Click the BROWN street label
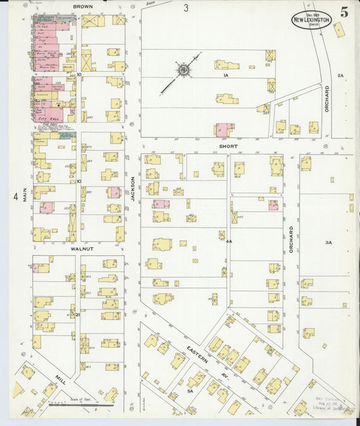(x=84, y=6)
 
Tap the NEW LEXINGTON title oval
(x=311, y=20)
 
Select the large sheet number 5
(x=344, y=11)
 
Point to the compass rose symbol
(x=183, y=69)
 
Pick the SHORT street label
(x=227, y=145)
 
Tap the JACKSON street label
(x=133, y=188)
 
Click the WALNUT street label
(x=81, y=248)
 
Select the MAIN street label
(x=24, y=195)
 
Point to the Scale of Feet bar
(x=81, y=404)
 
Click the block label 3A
(x=328, y=242)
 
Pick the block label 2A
(x=340, y=76)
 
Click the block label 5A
(x=190, y=390)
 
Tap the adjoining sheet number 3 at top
(x=185, y=8)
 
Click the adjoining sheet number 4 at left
(x=15, y=196)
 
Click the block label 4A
(x=229, y=241)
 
